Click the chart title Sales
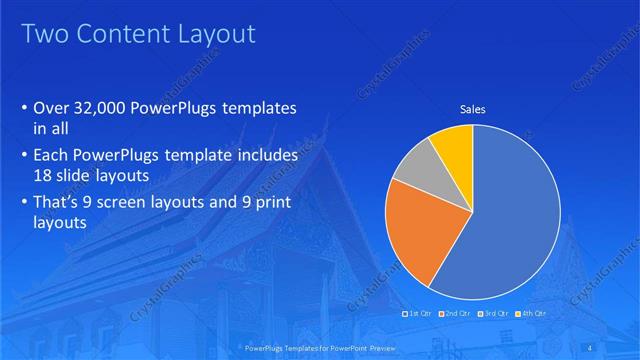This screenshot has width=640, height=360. pyautogui.click(x=472, y=109)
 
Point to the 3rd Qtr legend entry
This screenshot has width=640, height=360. pyautogui.click(x=494, y=314)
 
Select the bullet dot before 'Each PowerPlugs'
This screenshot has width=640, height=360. pyautogui.click(x=24, y=157)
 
